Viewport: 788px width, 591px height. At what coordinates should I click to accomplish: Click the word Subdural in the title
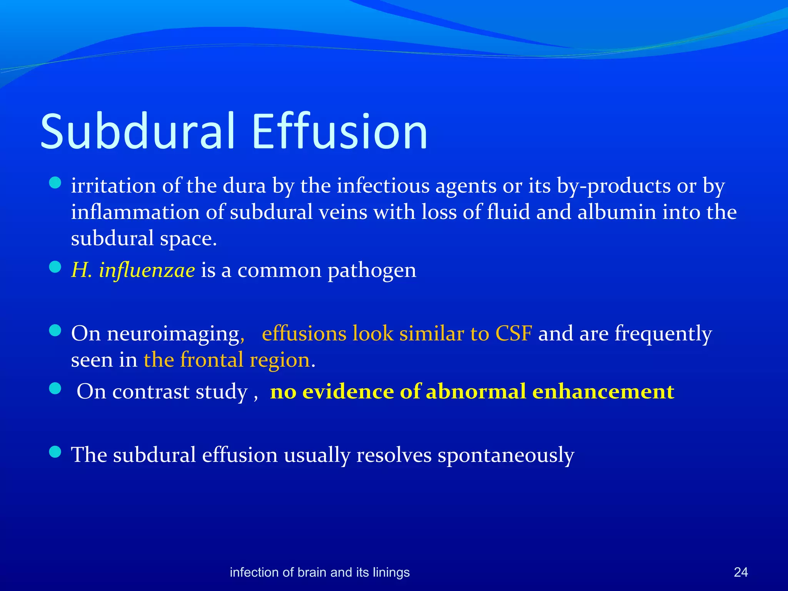point(137,131)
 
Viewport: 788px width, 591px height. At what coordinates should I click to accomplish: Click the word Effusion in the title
point(339,131)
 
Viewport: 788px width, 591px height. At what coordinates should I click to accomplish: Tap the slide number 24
point(741,572)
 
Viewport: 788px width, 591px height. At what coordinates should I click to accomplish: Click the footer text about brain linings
point(319,572)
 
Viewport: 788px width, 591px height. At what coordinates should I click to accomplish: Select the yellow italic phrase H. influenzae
point(133,270)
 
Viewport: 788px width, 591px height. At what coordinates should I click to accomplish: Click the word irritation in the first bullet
point(113,186)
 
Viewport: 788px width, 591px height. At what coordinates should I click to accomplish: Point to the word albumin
point(616,212)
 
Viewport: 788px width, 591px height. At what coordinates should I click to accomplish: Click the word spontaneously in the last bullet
point(506,456)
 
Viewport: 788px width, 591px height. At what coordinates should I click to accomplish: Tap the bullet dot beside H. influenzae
point(55,267)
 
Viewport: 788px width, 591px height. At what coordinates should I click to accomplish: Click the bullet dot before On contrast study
point(55,389)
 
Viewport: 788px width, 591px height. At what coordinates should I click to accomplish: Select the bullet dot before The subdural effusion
point(55,452)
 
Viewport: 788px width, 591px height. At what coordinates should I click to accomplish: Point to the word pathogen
point(372,270)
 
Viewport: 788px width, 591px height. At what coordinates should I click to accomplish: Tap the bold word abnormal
point(476,392)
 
